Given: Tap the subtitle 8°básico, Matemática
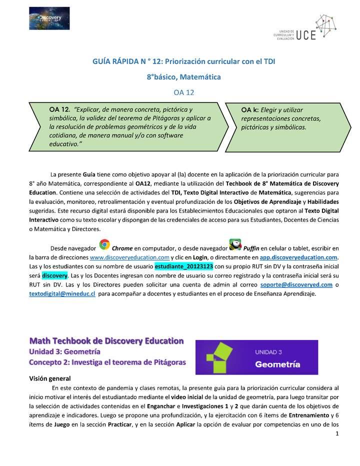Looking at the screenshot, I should point(183,77).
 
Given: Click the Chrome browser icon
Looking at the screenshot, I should point(104,244).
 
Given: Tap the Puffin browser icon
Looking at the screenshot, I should point(235,244).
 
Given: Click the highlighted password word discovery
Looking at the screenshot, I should point(54,275).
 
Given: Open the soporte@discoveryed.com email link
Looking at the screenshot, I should point(296,284).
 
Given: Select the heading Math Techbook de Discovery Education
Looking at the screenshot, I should point(106,341).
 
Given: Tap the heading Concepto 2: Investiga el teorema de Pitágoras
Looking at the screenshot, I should point(107,361).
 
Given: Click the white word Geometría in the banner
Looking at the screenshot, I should point(278,364).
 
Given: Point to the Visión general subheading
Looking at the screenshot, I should point(49,378).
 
